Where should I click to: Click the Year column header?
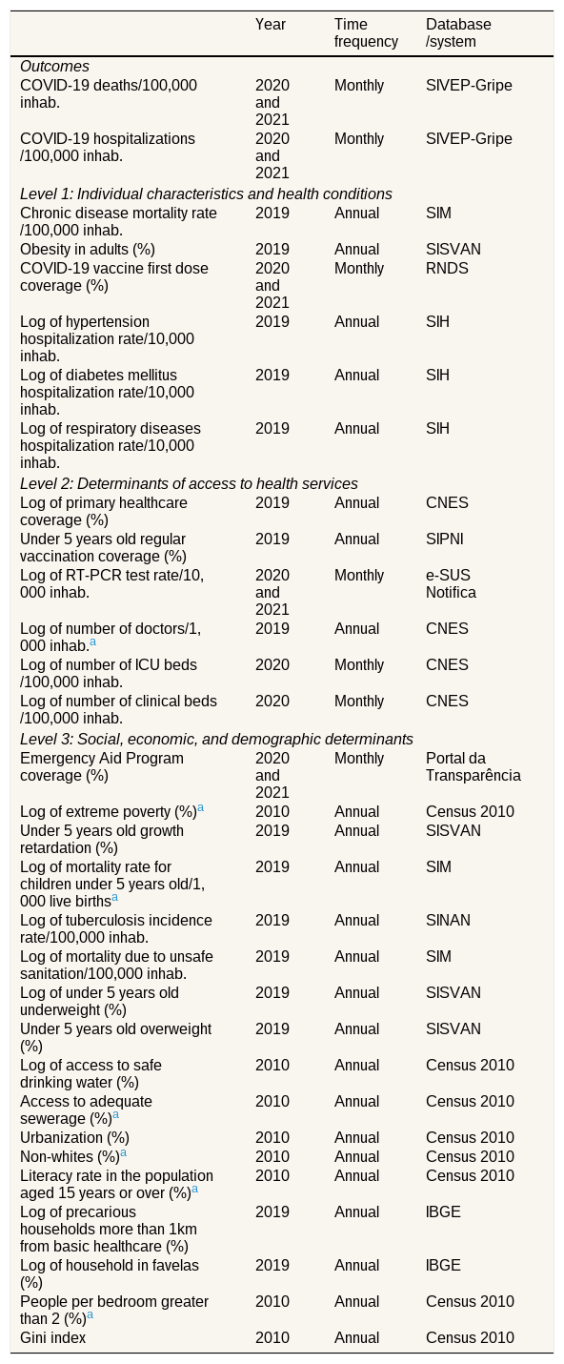[271, 25]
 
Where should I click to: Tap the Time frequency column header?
[366, 32]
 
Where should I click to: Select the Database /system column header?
[458, 32]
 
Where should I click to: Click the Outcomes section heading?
[54, 67]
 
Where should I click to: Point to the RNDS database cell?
[447, 269]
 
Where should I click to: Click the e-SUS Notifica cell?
[451, 584]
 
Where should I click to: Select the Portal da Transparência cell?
[473, 766]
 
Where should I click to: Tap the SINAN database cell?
[449, 920]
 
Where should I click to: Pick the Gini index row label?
[53, 1338]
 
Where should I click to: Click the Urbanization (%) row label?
[75, 1137]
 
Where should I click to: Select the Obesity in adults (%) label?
[88, 250]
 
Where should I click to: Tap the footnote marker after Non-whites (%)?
[124, 1152]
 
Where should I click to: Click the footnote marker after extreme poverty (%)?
[200, 808]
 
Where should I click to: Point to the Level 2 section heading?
[189, 483]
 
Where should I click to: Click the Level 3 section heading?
[216, 740]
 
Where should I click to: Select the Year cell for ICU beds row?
[272, 665]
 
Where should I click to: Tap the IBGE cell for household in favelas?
[443, 1266]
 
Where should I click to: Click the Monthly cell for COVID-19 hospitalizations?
[359, 139]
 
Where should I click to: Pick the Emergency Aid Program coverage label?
[102, 766]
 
